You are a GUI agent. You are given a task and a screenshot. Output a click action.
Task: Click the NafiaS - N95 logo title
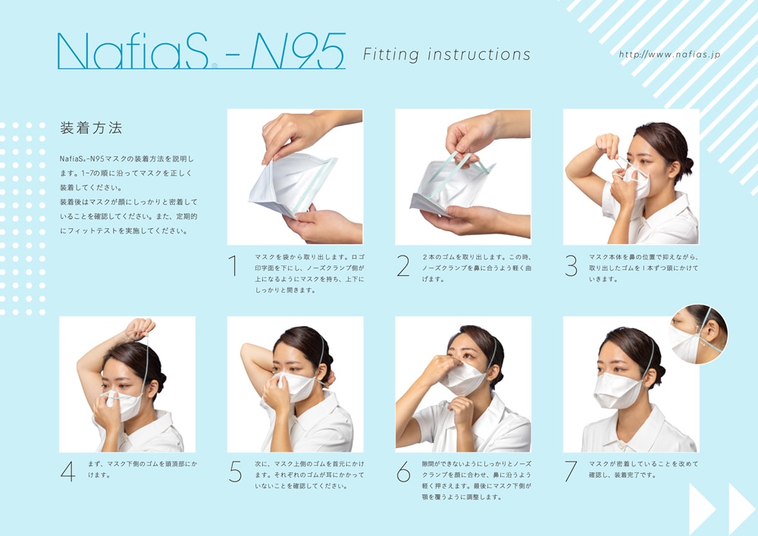click(x=201, y=51)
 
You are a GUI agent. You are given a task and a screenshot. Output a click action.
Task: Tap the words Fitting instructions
click(x=446, y=55)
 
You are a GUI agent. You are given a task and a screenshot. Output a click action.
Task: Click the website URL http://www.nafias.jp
click(x=669, y=54)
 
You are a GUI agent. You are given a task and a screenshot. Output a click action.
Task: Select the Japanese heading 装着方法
click(x=91, y=128)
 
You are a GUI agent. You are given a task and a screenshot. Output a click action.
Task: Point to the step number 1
click(x=233, y=266)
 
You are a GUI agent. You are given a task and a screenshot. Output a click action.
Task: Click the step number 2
click(x=403, y=266)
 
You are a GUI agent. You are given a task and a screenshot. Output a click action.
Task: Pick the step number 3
click(x=572, y=266)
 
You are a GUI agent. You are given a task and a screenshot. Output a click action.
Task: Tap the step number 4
click(x=67, y=472)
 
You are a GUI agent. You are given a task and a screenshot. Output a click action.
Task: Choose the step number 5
click(x=236, y=472)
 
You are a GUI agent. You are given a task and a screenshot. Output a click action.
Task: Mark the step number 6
click(x=403, y=472)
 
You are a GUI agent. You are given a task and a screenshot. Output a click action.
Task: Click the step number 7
click(x=572, y=472)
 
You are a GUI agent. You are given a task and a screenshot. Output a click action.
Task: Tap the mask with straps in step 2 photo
click(x=453, y=186)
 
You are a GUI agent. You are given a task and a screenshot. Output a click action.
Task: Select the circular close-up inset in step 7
click(x=698, y=334)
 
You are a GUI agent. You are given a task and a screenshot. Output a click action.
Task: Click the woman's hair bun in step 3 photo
click(x=686, y=162)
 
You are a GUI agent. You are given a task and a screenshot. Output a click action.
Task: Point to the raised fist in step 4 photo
click(x=140, y=328)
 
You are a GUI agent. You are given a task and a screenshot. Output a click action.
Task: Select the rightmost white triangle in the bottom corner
click(x=741, y=509)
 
